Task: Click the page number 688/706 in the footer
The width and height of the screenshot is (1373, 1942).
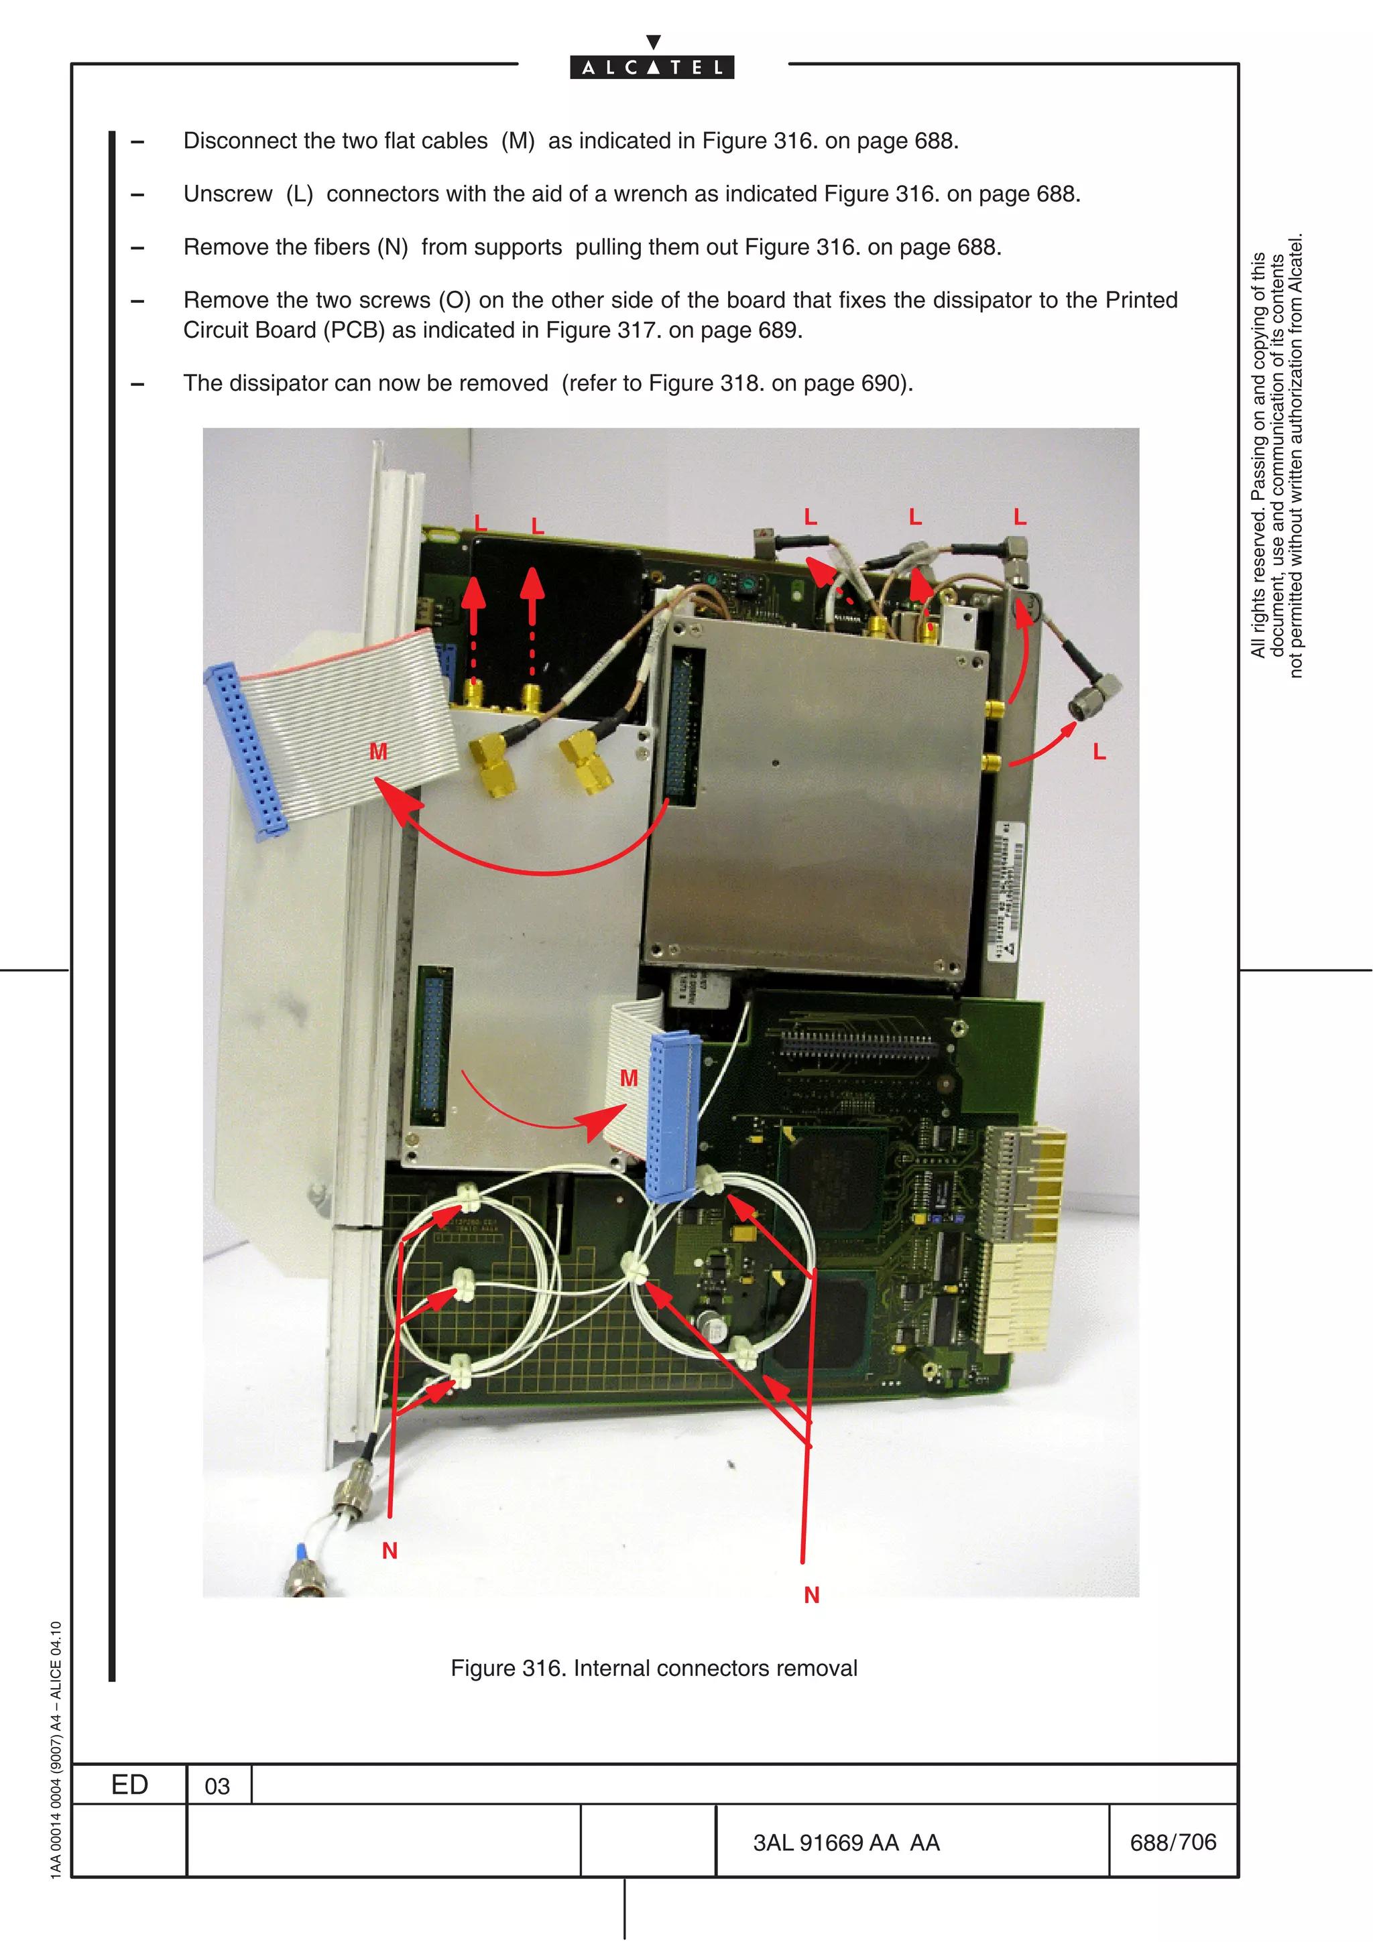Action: click(1173, 1841)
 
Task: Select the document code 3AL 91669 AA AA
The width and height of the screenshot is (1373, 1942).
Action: click(846, 1842)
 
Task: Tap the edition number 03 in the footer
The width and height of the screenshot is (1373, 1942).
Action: click(217, 1785)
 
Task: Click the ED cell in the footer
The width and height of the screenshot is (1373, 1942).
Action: click(129, 1784)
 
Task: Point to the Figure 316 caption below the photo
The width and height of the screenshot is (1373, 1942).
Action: click(653, 1667)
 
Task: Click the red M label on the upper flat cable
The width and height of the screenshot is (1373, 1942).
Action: click(378, 751)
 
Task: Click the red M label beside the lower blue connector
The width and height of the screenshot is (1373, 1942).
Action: click(629, 1078)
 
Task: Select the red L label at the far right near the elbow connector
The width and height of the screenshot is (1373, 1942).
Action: click(1099, 751)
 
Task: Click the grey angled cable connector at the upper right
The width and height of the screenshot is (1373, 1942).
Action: click(1095, 696)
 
